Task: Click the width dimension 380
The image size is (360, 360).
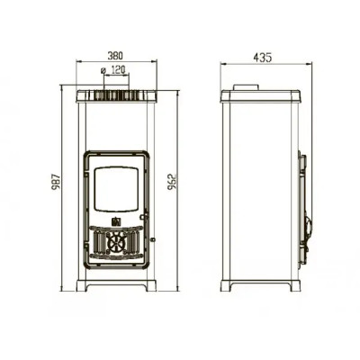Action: [x=115, y=56]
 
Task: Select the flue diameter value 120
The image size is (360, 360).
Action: [x=118, y=70]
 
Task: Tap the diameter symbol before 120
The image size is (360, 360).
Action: [x=103, y=70]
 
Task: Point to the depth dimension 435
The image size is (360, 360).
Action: [x=263, y=58]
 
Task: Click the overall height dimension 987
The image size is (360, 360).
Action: [x=57, y=182]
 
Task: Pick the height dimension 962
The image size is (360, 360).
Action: [x=172, y=182]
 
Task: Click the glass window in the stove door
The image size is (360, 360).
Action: [x=116, y=189]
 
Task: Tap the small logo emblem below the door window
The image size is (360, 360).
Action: [x=116, y=221]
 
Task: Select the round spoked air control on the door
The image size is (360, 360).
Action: [x=116, y=242]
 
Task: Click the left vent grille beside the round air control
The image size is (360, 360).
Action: [x=99, y=242]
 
